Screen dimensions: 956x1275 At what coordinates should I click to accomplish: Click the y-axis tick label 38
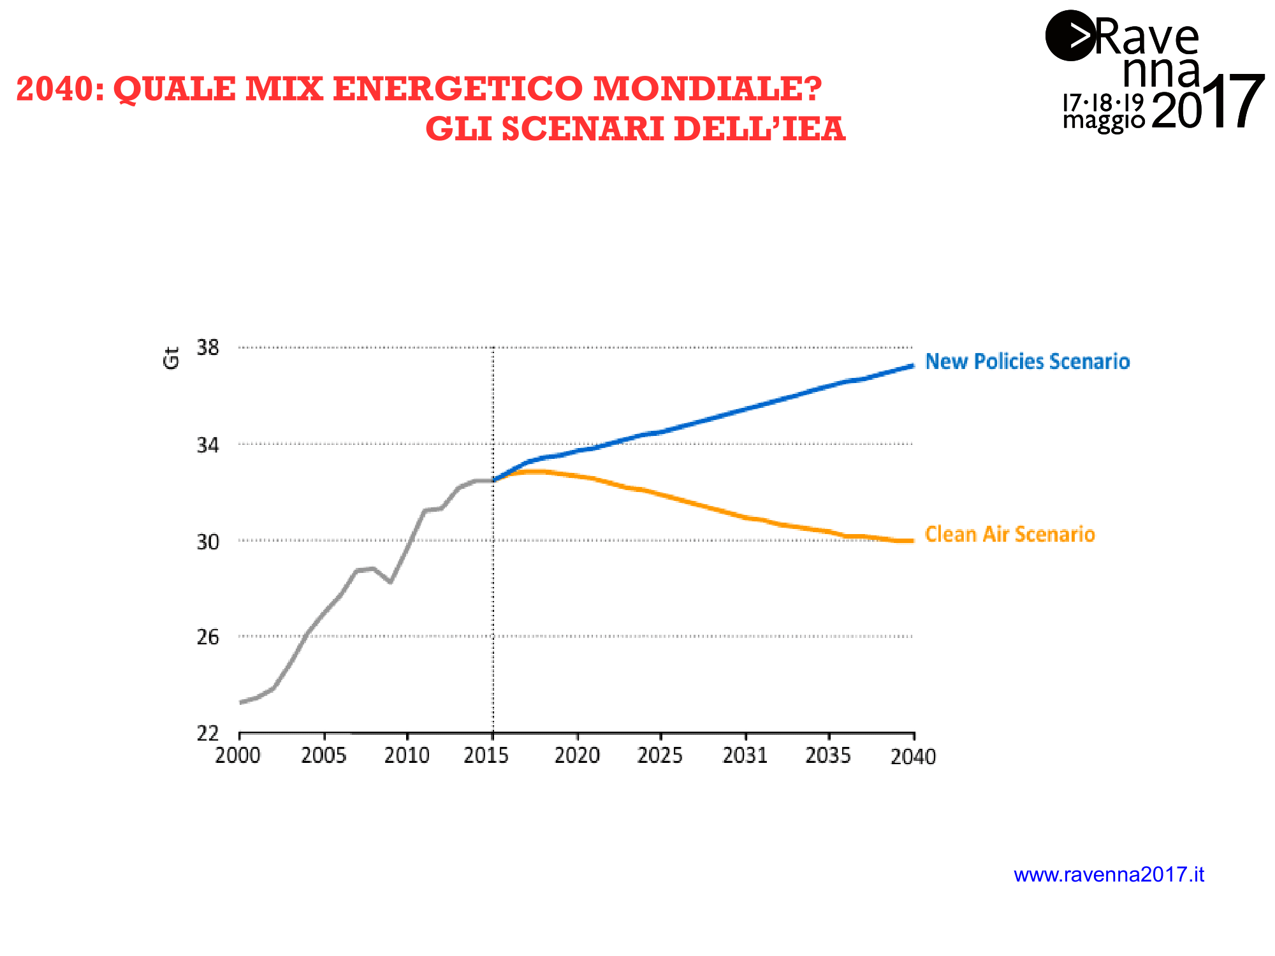(x=208, y=348)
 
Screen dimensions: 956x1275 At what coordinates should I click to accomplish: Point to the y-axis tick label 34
(x=208, y=445)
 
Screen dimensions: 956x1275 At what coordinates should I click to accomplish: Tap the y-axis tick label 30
(x=208, y=542)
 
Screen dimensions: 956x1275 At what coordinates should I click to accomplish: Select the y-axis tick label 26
(x=208, y=637)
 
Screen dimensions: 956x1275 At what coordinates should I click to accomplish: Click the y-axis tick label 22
(x=208, y=734)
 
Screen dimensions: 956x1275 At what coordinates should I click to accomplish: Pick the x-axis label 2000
(x=238, y=756)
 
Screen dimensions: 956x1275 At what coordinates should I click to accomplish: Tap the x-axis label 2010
(x=407, y=756)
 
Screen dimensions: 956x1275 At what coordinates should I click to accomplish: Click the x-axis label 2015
(x=486, y=756)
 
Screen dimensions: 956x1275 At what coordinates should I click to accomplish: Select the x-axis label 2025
(x=660, y=756)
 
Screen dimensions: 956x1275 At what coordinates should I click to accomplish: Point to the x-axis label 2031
(x=745, y=756)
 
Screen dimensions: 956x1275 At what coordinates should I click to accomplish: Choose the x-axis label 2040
(x=913, y=757)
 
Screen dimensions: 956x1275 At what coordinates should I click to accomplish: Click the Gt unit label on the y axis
(x=171, y=358)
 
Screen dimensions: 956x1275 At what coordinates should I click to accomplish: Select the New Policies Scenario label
(x=1027, y=361)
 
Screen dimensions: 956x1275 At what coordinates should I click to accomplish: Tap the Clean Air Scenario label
(x=1010, y=534)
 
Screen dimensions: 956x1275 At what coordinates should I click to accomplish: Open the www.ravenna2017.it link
(x=1109, y=874)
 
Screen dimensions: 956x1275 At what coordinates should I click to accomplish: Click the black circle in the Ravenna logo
(x=1070, y=36)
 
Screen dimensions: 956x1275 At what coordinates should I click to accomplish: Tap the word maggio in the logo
(x=1104, y=120)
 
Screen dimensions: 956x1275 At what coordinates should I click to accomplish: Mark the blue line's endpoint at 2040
(x=912, y=366)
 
